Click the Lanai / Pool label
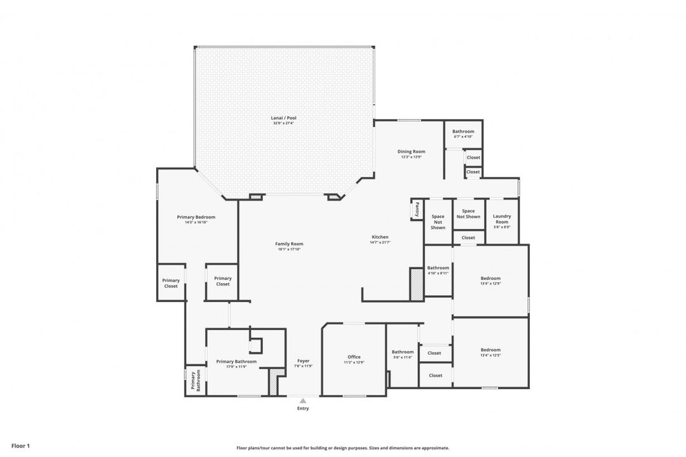point(284,118)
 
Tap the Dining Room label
point(411,152)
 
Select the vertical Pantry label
point(417,209)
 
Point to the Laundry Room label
point(502,219)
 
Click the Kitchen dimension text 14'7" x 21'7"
point(380,242)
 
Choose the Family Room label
point(289,244)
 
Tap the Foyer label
point(303,361)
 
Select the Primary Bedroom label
point(196,217)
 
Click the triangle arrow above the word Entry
point(303,401)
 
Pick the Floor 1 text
point(20,446)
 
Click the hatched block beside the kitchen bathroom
point(416,284)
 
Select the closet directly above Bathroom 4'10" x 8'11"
point(468,237)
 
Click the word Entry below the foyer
point(303,408)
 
